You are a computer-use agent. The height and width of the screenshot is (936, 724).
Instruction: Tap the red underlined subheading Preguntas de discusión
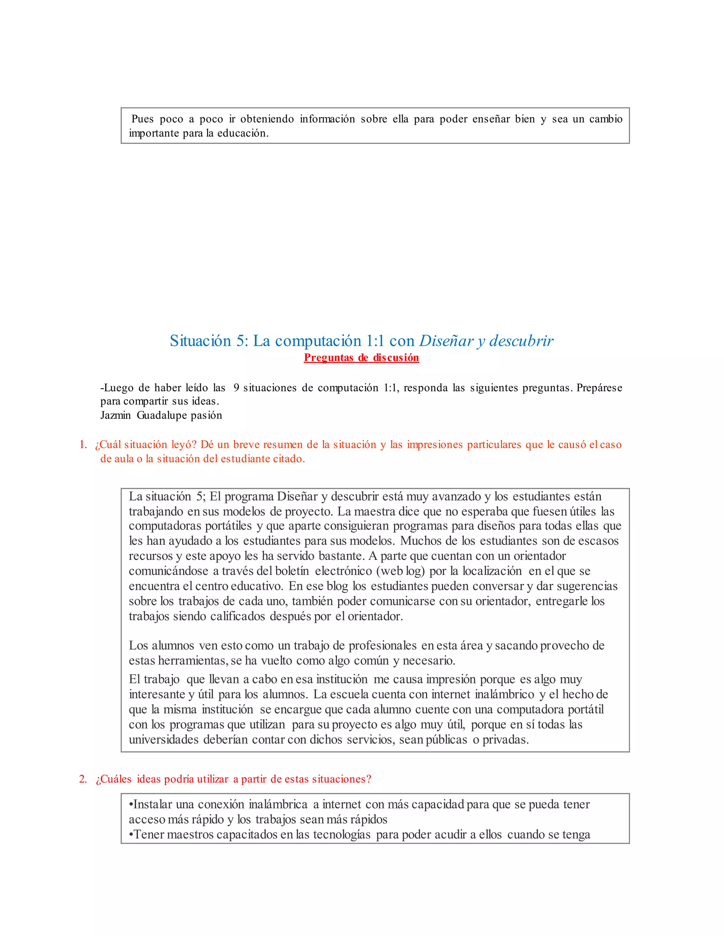(x=361, y=358)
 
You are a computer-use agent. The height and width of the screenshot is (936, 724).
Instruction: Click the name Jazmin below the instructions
(x=115, y=415)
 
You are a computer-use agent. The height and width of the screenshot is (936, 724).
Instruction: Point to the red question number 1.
(x=83, y=445)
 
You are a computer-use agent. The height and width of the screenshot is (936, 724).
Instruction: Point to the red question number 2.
(x=83, y=779)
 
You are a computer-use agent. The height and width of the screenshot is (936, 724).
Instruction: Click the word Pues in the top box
(x=142, y=119)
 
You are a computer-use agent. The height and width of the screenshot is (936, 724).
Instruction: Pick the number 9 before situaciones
(x=237, y=388)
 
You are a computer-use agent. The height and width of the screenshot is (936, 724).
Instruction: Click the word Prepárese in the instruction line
(x=599, y=388)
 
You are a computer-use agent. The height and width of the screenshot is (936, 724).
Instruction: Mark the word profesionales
(x=382, y=645)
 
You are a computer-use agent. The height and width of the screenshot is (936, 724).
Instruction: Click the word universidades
(x=163, y=740)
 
